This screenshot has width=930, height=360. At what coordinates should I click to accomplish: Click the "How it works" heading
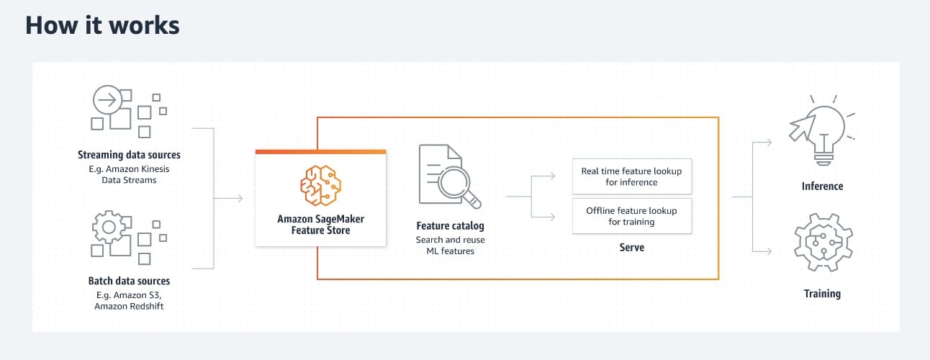click(102, 25)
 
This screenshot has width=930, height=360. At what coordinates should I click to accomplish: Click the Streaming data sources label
click(129, 155)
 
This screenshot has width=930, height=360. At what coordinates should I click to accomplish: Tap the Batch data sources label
click(129, 281)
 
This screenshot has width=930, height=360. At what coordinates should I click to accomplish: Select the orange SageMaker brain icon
click(320, 186)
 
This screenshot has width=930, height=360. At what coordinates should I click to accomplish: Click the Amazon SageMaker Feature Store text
click(320, 225)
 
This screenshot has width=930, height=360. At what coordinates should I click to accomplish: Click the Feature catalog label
click(450, 226)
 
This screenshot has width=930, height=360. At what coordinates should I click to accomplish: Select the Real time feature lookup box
click(631, 176)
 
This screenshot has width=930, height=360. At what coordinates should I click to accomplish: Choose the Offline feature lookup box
click(631, 216)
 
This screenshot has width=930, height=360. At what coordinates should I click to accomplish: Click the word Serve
click(631, 248)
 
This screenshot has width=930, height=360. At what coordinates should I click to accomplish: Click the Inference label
click(822, 186)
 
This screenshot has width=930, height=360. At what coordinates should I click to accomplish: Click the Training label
click(822, 294)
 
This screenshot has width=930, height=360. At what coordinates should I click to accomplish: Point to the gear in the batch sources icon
click(109, 228)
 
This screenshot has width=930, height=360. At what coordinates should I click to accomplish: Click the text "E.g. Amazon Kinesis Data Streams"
click(129, 175)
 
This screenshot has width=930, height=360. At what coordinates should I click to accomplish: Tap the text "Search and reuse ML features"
click(450, 246)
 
